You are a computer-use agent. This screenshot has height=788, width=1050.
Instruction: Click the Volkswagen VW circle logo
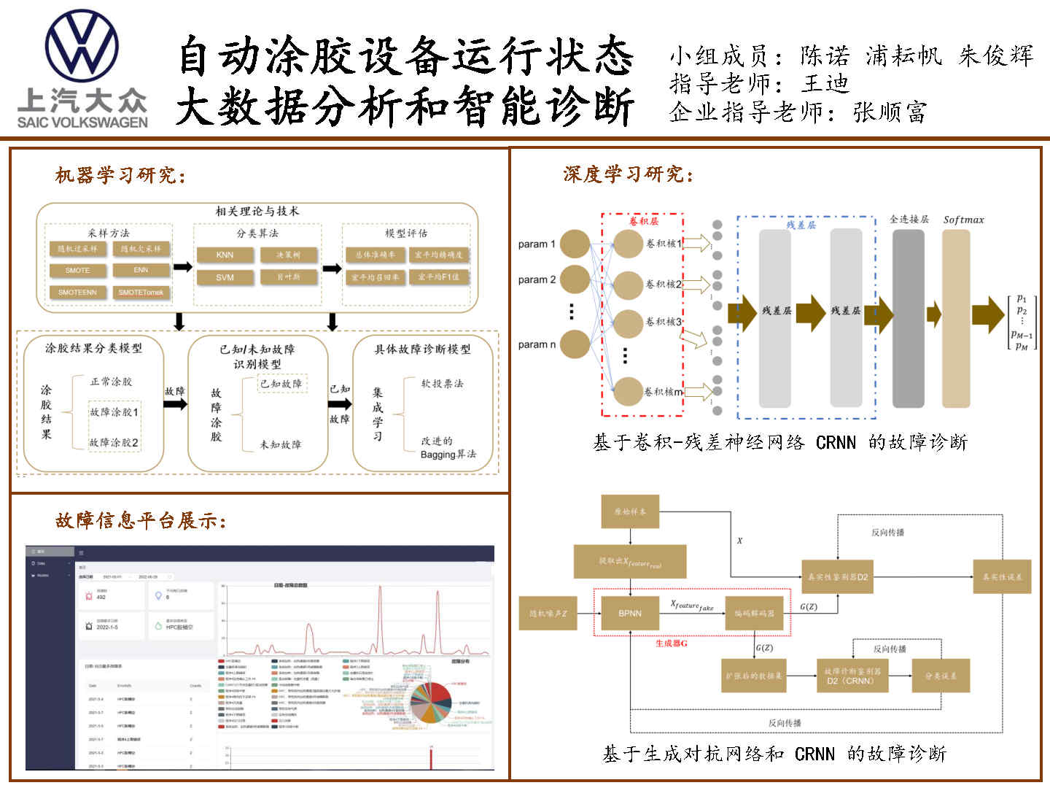[x=82, y=46]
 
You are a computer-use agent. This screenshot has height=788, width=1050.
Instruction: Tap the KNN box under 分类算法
[x=225, y=255]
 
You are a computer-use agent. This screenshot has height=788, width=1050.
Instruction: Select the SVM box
[x=225, y=277]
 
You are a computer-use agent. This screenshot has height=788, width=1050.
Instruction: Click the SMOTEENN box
[x=77, y=292]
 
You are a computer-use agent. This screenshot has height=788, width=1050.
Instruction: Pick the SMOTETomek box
[x=141, y=292]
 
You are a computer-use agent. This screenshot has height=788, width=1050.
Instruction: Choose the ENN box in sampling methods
[x=141, y=270]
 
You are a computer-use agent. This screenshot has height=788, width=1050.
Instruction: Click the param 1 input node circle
[x=575, y=244]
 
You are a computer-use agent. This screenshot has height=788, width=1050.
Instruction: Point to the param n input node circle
[x=575, y=344]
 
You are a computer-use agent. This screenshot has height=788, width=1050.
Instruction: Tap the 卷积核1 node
[x=628, y=244]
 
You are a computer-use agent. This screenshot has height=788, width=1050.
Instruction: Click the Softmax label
[x=963, y=220]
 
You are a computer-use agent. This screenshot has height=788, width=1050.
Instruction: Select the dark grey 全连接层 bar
[x=909, y=318]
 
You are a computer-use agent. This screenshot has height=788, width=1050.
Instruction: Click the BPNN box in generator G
[x=630, y=613]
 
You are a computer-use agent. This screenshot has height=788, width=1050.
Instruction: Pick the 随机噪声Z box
[x=548, y=614]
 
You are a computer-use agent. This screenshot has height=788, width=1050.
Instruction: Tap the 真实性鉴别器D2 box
[x=838, y=576]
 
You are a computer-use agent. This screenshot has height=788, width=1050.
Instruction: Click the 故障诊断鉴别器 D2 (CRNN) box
[x=852, y=676]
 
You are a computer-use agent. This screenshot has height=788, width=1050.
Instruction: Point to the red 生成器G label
[x=671, y=644]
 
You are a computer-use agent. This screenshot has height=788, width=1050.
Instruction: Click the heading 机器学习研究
[x=120, y=175]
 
